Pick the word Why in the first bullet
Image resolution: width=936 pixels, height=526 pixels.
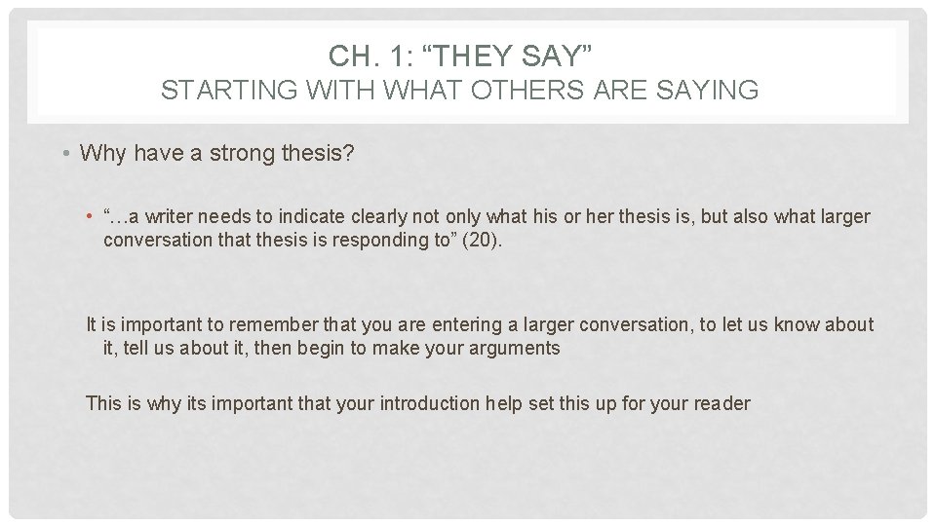point(100,153)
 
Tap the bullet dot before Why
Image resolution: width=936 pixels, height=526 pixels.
point(63,153)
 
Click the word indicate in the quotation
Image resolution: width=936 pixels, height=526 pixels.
point(292,216)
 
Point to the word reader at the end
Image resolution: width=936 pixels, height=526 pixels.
point(722,402)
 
